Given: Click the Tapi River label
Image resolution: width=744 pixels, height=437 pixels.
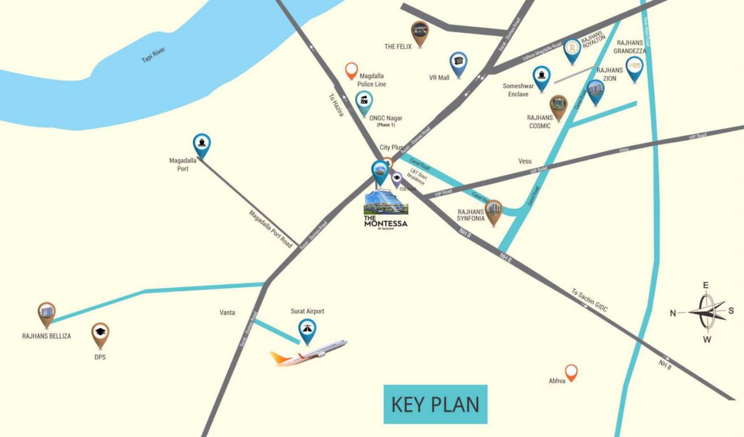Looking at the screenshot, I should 153,55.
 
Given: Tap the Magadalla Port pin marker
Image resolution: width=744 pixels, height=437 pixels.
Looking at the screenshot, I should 201,145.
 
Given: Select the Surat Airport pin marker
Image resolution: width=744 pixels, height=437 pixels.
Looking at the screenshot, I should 308,331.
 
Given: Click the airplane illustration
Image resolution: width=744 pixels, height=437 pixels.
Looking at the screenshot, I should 309,353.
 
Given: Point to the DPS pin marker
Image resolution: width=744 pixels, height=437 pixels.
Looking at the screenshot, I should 100,334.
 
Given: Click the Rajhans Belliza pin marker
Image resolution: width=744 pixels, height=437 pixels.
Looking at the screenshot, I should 47,314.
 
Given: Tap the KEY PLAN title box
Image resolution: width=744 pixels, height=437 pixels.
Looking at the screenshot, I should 435,404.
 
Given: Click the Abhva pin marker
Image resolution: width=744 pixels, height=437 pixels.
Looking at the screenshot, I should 571,372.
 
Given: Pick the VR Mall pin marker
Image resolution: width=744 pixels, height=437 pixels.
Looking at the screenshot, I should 458,63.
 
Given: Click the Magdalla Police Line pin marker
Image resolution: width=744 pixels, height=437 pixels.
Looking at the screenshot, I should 352,71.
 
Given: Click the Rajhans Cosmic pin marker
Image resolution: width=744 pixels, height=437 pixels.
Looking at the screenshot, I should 558,106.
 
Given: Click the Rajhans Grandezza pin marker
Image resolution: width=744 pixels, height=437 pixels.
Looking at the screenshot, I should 634,68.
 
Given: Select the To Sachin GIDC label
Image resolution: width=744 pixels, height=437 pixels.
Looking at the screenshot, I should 589,300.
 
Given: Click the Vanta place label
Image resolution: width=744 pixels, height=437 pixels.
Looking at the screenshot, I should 228,312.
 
